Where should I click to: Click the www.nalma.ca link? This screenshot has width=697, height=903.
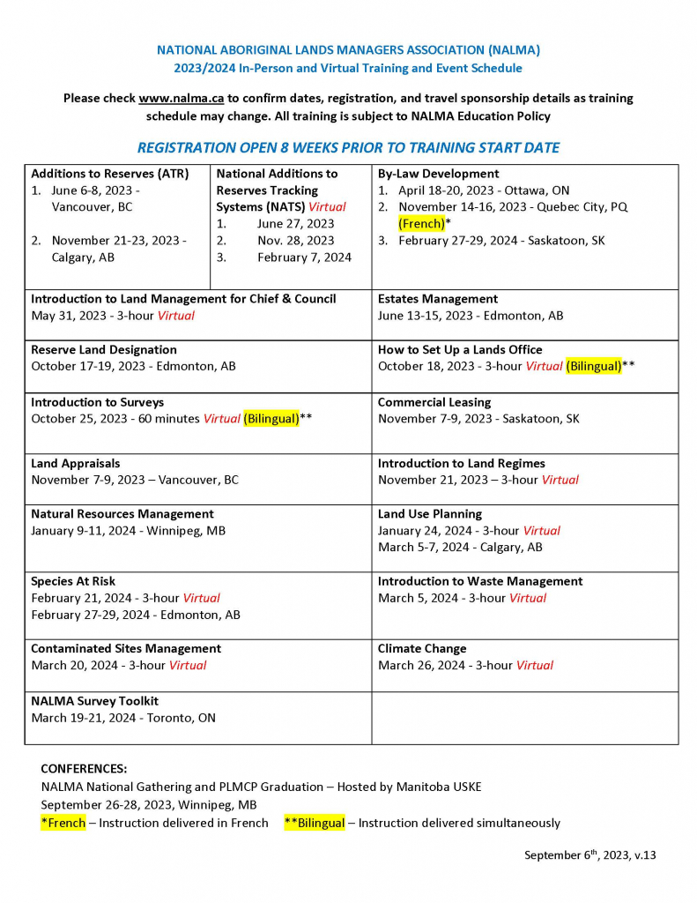[181, 98]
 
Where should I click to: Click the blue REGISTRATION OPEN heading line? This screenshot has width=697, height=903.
[348, 147]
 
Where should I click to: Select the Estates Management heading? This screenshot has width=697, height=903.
[437, 299]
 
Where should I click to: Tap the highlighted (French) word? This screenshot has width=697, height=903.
[421, 224]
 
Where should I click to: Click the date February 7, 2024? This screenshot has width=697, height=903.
[304, 257]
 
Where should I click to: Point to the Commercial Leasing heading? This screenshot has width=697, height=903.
[434, 402]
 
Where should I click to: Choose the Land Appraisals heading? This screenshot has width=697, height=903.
[75, 463]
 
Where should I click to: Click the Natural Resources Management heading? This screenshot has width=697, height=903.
[122, 513]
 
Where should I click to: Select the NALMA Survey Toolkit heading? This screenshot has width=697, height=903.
[94, 701]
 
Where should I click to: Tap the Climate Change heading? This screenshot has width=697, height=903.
[422, 648]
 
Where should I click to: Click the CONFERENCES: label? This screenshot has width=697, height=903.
[84, 768]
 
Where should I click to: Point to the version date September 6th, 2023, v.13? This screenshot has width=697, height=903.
[589, 854]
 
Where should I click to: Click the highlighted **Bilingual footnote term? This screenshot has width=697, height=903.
[315, 823]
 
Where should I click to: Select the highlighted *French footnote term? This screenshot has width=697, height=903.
[63, 823]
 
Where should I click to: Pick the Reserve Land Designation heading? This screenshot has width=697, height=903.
[103, 349]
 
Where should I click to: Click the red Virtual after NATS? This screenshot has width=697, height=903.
[327, 207]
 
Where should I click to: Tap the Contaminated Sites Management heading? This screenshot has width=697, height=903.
[125, 648]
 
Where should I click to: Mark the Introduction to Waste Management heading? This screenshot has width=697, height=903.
[479, 581]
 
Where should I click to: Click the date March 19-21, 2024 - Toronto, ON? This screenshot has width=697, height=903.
[122, 718]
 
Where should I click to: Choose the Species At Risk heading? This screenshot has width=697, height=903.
[73, 581]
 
